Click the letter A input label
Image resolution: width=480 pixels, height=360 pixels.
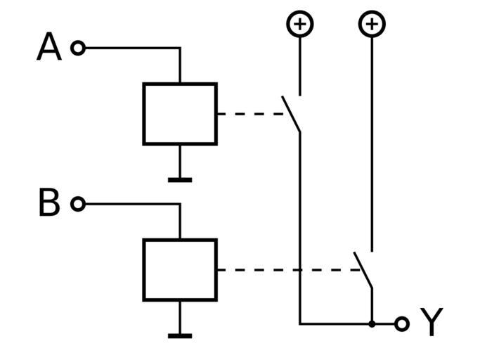[x=48, y=48]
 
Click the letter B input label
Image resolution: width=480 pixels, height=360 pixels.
[x=48, y=204]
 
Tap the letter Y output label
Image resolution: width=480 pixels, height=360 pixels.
[x=432, y=323]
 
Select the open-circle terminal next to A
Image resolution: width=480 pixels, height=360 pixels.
[x=78, y=48]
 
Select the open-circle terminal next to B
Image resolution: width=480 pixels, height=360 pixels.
[x=78, y=204]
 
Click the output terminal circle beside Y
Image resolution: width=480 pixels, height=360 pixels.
[x=401, y=323]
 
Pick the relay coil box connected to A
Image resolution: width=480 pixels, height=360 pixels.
[x=179, y=114]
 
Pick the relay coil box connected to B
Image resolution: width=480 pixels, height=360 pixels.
[x=179, y=270]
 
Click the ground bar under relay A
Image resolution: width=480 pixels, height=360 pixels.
[x=180, y=180]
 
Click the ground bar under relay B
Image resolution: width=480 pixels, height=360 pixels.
[x=180, y=336]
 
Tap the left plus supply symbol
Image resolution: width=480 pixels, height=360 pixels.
[x=300, y=24]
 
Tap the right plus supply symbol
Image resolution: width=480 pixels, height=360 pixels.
[x=372, y=24]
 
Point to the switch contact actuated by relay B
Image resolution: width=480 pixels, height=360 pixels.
[x=363, y=270]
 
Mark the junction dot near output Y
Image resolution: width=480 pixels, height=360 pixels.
[x=372, y=323]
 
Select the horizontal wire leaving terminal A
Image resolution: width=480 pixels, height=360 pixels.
[x=130, y=48]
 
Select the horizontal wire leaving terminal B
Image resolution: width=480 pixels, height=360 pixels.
[x=130, y=204]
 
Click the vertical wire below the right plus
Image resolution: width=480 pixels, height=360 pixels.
[x=372, y=141]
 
